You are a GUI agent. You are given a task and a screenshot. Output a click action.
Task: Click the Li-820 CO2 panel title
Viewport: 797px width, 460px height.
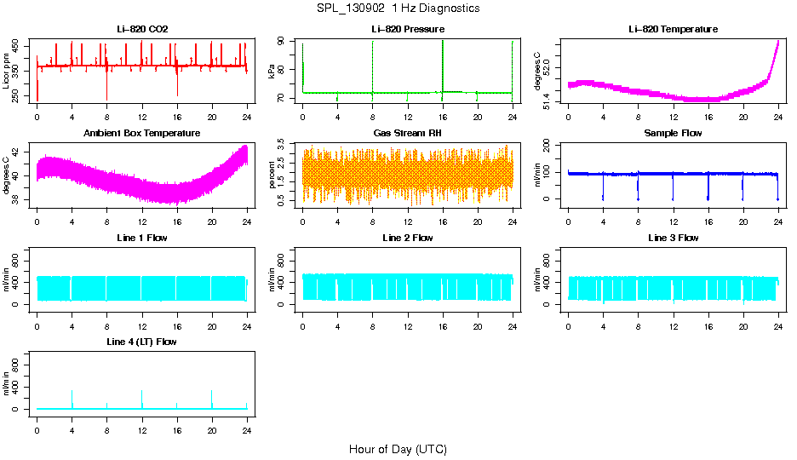[x=142, y=30]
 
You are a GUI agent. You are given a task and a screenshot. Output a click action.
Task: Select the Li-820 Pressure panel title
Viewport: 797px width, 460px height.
[x=408, y=30]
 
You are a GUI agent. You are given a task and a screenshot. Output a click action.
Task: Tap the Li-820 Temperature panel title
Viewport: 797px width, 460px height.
[x=673, y=30]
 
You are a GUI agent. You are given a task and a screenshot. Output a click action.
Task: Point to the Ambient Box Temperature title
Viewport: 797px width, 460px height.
[x=142, y=134]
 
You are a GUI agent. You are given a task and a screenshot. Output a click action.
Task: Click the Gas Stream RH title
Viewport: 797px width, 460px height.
[x=408, y=134]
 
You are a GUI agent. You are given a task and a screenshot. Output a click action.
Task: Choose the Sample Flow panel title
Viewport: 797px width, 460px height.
[x=673, y=134]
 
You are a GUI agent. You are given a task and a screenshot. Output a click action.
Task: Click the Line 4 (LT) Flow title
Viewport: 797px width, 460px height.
[x=142, y=342]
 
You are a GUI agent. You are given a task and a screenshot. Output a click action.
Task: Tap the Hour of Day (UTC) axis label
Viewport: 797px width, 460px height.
[x=398, y=449]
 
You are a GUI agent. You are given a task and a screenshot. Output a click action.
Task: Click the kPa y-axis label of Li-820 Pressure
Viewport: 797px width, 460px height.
[x=272, y=72]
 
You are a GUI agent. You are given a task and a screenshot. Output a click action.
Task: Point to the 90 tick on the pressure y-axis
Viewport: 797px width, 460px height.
[x=289, y=43]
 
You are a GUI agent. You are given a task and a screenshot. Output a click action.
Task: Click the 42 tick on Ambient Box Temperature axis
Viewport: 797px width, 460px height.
[x=19, y=152]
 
